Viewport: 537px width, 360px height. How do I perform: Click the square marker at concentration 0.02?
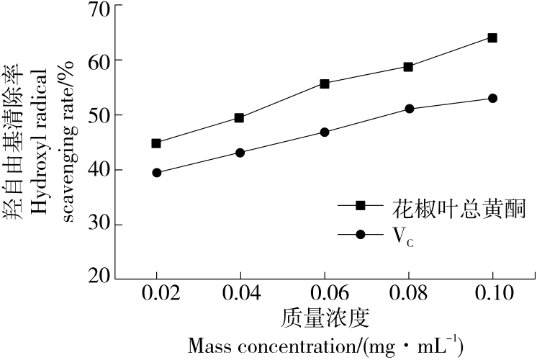[156, 143]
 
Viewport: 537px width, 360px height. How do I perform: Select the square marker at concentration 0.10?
[492, 37]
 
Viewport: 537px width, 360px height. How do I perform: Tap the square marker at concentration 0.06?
[325, 84]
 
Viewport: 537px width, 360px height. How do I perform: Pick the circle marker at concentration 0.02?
[156, 173]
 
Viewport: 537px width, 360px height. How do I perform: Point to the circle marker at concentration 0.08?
[409, 109]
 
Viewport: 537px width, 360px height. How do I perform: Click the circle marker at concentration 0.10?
[492, 98]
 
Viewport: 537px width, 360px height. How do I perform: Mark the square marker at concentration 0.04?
[240, 117]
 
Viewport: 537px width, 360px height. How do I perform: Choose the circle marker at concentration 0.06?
[325, 132]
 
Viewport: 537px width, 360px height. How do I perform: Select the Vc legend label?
[403, 236]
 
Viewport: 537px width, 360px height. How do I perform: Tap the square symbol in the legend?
[360, 205]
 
